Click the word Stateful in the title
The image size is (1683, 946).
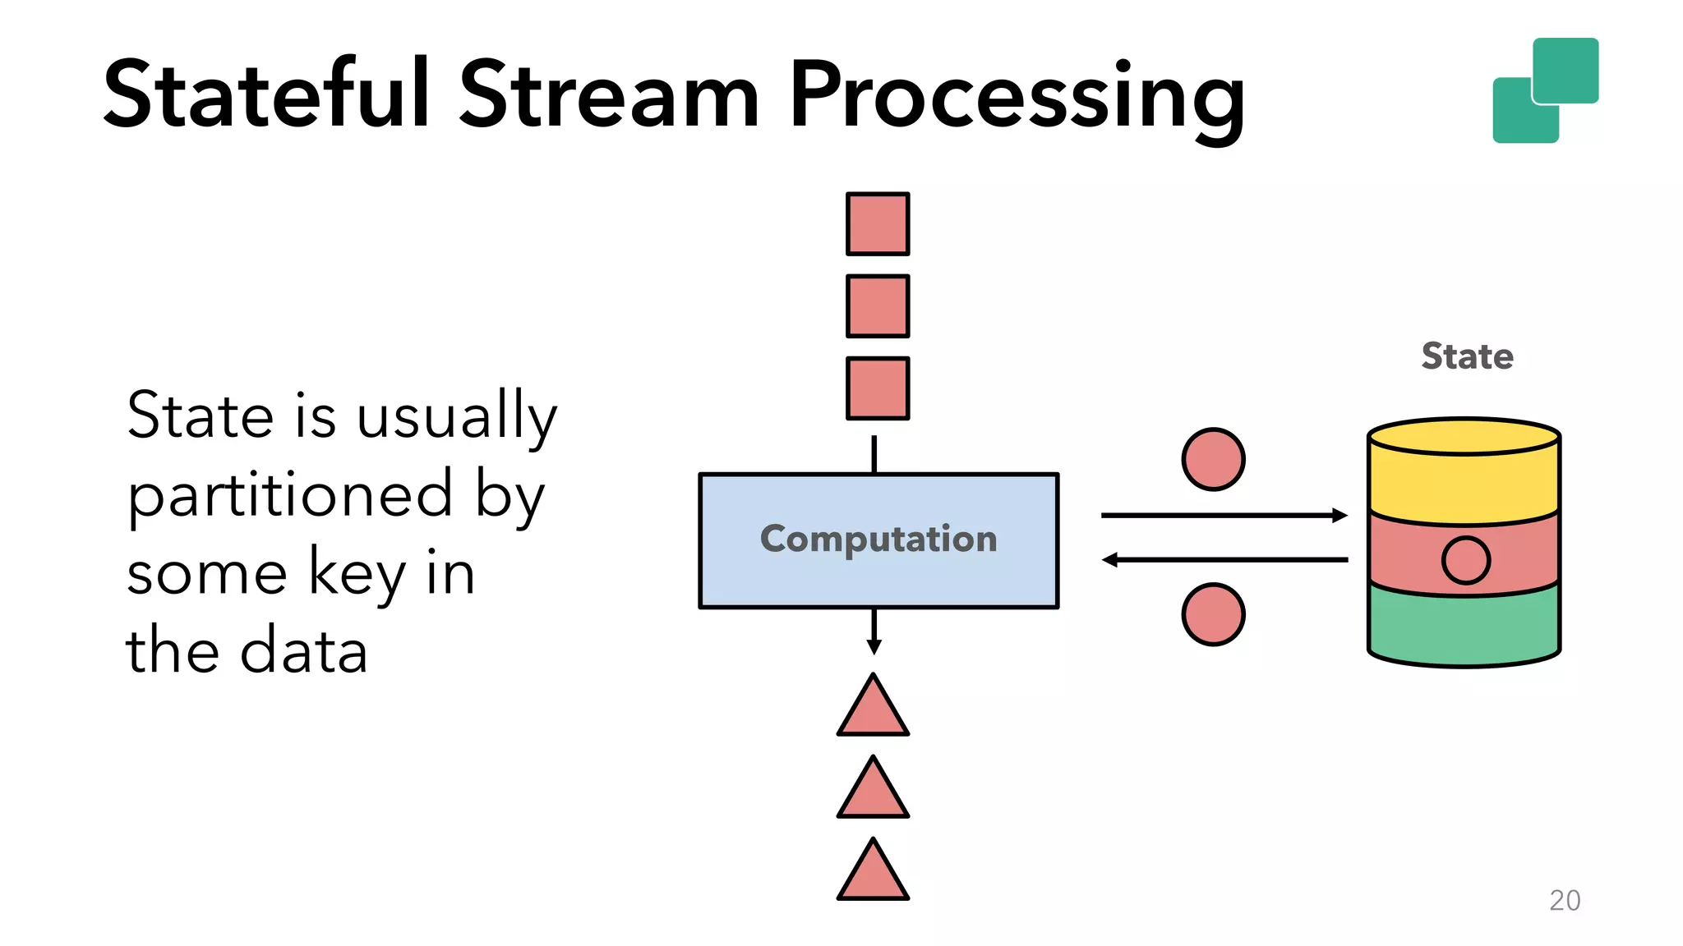(x=267, y=95)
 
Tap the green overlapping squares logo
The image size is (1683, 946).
(x=1545, y=90)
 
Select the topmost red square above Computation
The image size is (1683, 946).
(x=878, y=224)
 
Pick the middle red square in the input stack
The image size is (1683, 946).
(x=878, y=306)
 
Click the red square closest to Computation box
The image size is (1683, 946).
(x=878, y=388)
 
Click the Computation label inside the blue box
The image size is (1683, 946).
(x=878, y=539)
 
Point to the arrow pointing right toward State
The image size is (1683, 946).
(x=1224, y=516)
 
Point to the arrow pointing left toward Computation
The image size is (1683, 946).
(x=1224, y=560)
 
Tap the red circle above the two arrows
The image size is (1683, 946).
(x=1213, y=459)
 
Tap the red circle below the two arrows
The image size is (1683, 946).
(x=1213, y=614)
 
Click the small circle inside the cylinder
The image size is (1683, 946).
(x=1465, y=560)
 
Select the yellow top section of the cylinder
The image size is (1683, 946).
(x=1464, y=484)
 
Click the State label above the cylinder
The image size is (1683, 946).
(x=1467, y=356)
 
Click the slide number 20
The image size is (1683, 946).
(x=1564, y=900)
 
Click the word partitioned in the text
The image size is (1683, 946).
(x=290, y=494)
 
